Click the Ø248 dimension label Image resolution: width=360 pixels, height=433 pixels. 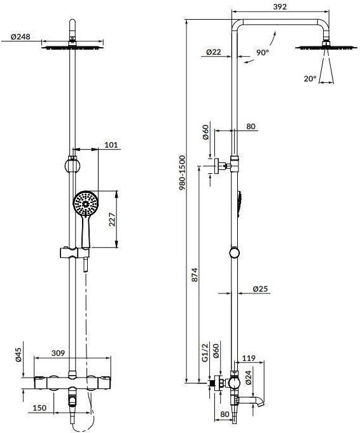tap(20, 36)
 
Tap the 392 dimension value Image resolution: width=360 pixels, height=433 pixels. tap(280, 6)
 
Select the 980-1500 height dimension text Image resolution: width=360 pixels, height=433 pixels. tap(182, 173)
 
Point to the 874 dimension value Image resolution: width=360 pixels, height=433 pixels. tap(195, 274)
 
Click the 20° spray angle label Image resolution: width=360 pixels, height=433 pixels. tap(310, 79)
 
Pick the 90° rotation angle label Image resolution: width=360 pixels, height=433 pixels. tap(262, 52)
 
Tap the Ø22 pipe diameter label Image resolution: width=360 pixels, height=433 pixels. tap(214, 52)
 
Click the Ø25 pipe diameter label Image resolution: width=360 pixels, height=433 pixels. tap(260, 289)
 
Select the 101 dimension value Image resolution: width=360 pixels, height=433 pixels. tap(111, 145)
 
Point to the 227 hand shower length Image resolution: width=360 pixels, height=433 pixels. tap(113, 219)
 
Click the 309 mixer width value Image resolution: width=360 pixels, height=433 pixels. tap(59, 353)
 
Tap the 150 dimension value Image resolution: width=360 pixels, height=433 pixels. tap(39, 408)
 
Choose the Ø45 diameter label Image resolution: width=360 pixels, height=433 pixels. tap(18, 355)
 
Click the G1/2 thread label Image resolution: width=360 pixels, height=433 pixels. tap(205, 353)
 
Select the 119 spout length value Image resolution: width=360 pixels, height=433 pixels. tap(249, 358)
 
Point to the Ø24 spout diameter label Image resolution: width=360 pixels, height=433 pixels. tap(249, 378)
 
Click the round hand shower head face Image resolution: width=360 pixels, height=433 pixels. tap(85, 203)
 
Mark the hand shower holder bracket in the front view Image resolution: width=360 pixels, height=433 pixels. tap(75, 253)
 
